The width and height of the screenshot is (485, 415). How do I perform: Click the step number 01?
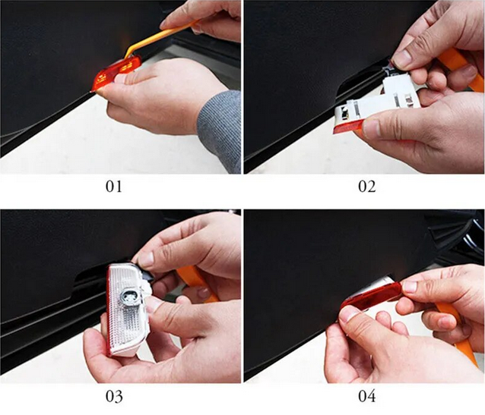coord(114,186)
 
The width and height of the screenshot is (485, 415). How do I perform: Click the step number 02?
coord(367,186)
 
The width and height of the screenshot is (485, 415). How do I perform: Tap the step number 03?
coord(114,397)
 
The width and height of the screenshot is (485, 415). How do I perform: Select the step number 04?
coord(367,397)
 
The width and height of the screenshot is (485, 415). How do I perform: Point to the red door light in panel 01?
coord(116,72)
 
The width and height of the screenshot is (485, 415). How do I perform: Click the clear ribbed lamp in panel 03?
coord(126,309)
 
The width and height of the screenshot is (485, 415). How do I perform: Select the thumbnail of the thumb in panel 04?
coord(349,316)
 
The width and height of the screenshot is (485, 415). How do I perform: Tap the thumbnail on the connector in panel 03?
coord(146,259)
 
